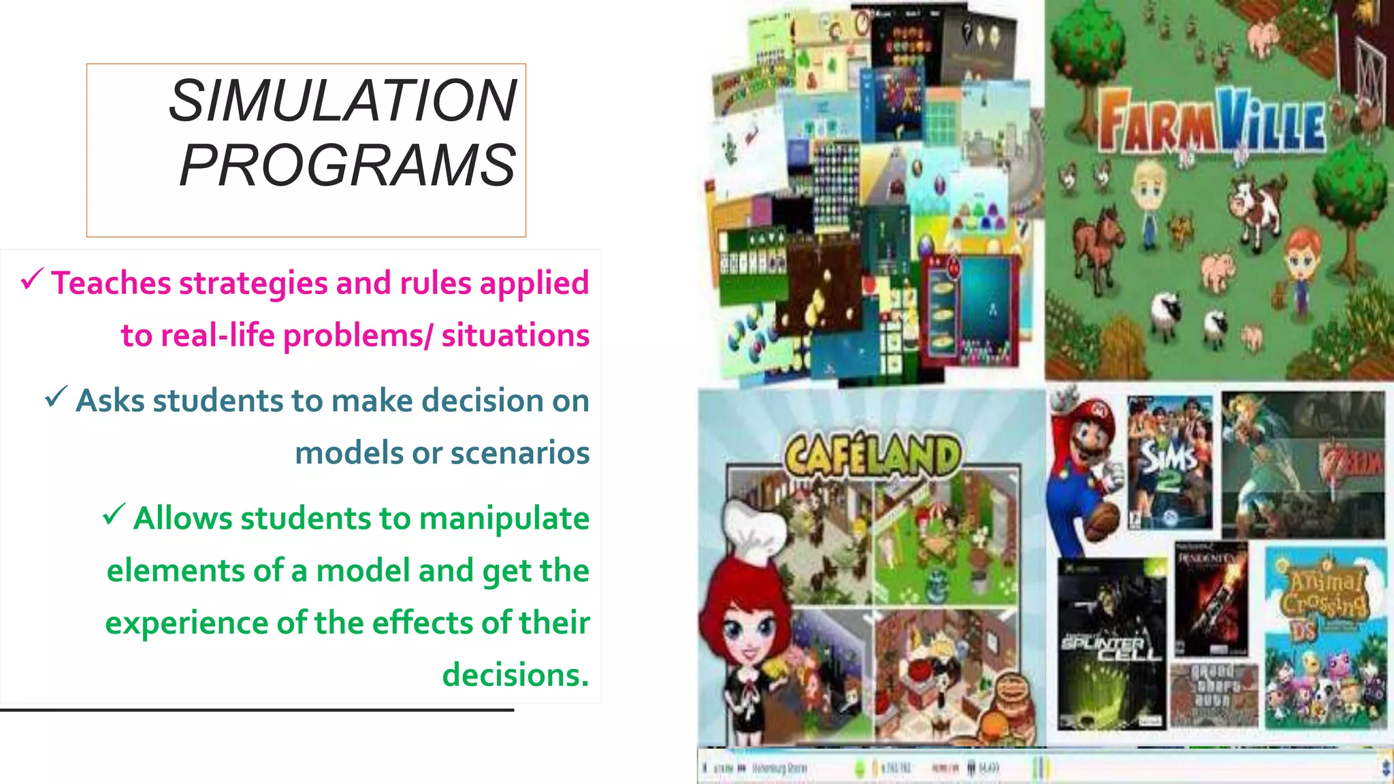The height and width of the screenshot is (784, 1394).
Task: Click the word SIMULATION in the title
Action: pyautogui.click(x=343, y=101)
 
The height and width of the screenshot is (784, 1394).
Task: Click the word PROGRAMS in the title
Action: pyautogui.click(x=347, y=165)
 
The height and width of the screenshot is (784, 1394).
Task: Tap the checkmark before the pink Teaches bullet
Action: pyautogui.click(x=31, y=278)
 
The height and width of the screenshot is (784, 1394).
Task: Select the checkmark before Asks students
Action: pyautogui.click(x=56, y=396)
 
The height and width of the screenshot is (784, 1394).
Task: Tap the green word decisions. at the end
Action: pyautogui.click(x=515, y=675)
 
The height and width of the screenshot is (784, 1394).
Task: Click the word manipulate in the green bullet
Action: pyautogui.click(x=504, y=519)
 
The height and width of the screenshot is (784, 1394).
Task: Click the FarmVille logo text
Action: pyautogui.click(x=1212, y=123)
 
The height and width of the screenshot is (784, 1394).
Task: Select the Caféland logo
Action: pyautogui.click(x=873, y=454)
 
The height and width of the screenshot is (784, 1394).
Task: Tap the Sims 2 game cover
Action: pyautogui.click(x=1169, y=463)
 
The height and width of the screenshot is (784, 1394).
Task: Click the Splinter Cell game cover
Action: pyautogui.click(x=1111, y=643)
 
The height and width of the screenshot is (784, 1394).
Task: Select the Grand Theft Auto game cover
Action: pyautogui.click(x=1214, y=694)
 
